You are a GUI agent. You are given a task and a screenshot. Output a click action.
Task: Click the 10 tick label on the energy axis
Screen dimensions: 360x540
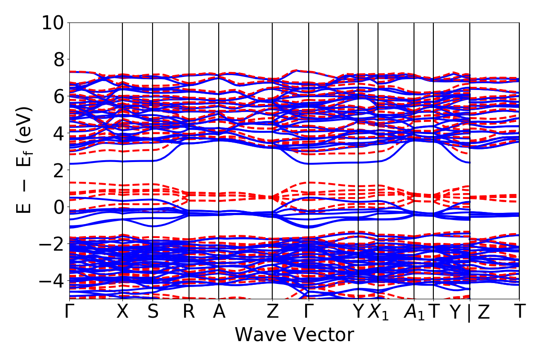click(x=53, y=22)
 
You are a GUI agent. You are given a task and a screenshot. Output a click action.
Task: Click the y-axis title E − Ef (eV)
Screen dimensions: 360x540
click(x=25, y=160)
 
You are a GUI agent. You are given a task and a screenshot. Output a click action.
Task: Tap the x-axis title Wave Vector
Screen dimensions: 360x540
click(x=294, y=335)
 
